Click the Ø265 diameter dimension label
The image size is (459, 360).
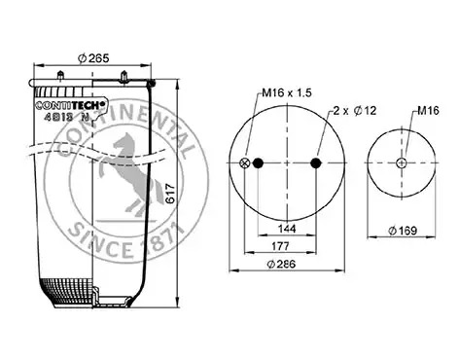[93, 58]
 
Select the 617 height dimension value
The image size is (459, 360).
[170, 194]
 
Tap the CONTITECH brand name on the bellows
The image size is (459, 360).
[70, 105]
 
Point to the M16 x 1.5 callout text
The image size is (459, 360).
[287, 92]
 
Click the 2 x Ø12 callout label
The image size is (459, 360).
[355, 111]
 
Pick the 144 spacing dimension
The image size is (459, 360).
[287, 229]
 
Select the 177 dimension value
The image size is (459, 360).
[280, 246]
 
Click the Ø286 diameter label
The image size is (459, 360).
[281, 264]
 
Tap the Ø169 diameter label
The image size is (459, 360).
[403, 231]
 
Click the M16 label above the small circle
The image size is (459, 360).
[428, 111]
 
